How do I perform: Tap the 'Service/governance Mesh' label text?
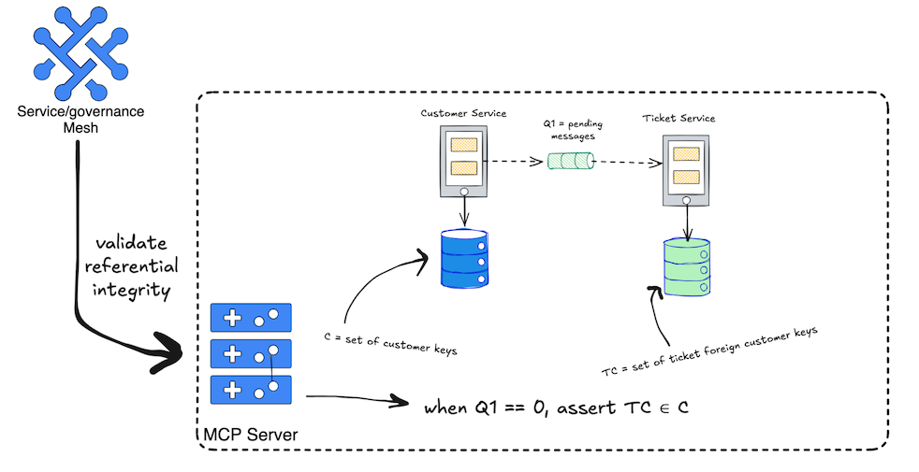81,119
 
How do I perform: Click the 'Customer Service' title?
463,113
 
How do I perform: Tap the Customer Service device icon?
464,162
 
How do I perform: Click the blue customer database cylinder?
464,258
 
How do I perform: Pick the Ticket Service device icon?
687,171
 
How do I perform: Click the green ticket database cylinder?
688,269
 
